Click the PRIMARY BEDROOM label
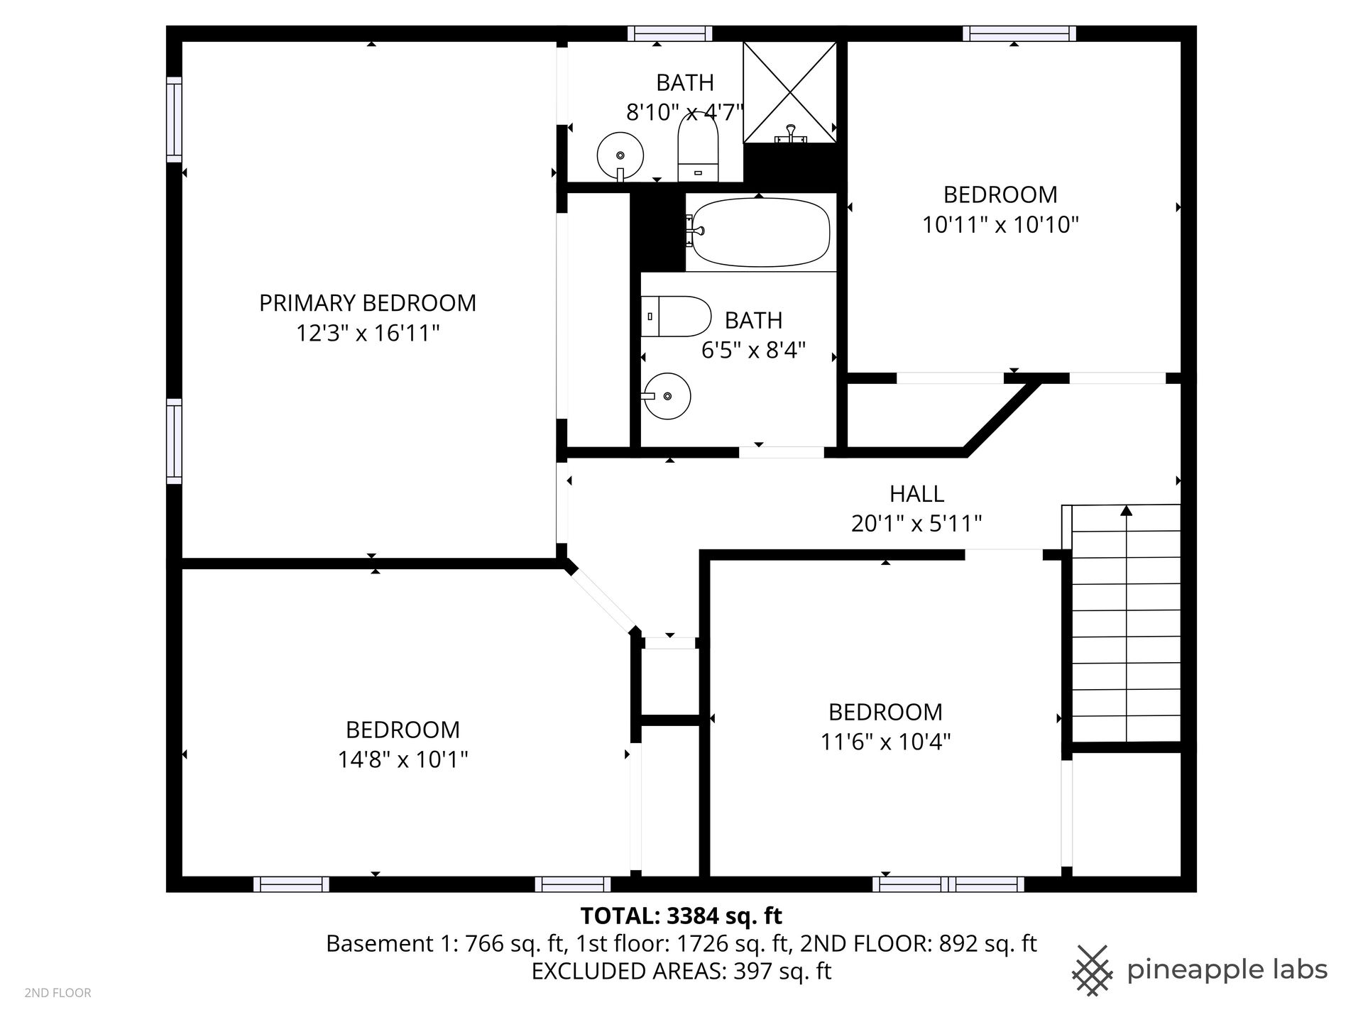[367, 303]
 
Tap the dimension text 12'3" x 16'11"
[368, 333]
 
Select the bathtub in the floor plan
[760, 231]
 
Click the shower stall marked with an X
[789, 92]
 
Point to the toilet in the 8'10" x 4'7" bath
[699, 148]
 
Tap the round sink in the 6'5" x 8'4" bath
[667, 396]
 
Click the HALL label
[916, 493]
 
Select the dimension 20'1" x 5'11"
[916, 524]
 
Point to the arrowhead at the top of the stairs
[1126, 510]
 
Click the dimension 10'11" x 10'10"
[1000, 225]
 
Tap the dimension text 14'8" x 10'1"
[403, 760]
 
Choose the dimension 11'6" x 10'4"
[885, 742]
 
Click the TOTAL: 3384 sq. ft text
[681, 916]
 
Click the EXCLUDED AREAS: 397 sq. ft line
[681, 971]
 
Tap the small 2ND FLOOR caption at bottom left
[58, 993]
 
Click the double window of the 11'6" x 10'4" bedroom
[948, 884]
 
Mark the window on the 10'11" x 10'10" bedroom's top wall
[1019, 33]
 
